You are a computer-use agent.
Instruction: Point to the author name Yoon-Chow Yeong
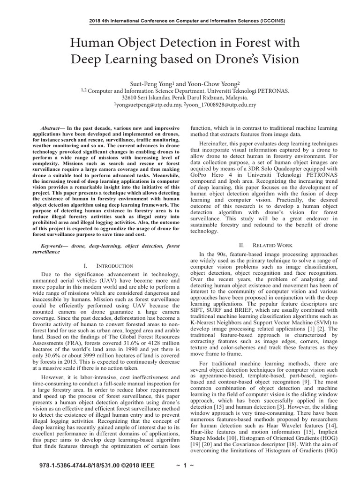[x=205, y=81]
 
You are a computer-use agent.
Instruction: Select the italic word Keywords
[x=53, y=246]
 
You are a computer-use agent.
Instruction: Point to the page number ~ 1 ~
[x=181, y=467]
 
